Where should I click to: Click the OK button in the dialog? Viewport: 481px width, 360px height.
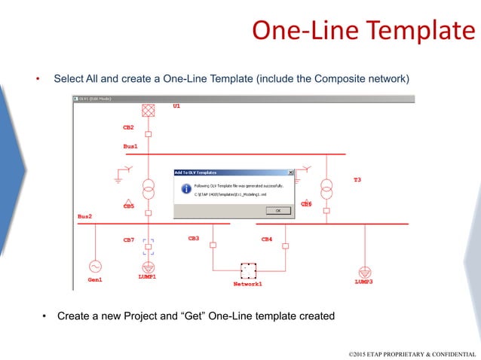(277, 211)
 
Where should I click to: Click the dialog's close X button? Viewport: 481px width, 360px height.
(290, 172)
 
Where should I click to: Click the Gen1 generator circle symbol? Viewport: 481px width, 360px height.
(95, 266)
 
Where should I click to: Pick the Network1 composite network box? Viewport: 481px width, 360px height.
(248, 270)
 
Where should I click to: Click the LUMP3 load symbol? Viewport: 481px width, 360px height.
(364, 270)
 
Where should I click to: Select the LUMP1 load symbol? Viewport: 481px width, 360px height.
(149, 267)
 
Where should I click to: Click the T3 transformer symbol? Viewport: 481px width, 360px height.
(326, 188)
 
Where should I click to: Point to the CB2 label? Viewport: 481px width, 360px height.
(128, 127)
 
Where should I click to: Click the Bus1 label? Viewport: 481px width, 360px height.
(130, 146)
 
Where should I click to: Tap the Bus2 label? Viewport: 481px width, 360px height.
(84, 216)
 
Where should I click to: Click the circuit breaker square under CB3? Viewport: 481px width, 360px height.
(213, 246)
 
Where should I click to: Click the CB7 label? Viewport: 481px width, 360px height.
(128, 239)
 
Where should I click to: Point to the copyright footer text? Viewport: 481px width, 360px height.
(412, 352)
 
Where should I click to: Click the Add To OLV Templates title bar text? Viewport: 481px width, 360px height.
(200, 172)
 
